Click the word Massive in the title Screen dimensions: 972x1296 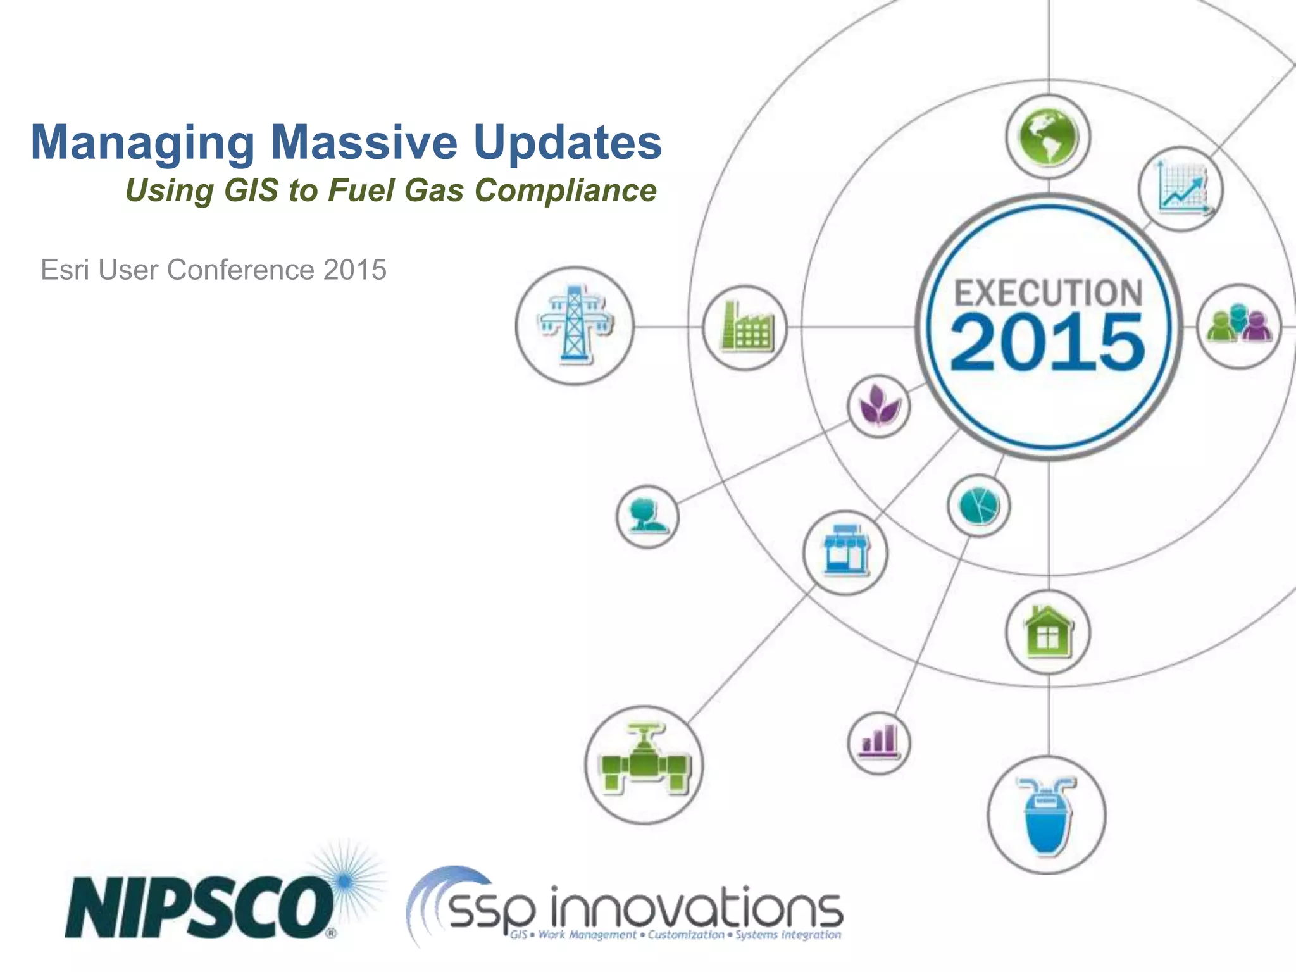(364, 142)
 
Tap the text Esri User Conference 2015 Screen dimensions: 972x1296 (213, 270)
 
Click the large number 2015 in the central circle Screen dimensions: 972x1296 (1048, 342)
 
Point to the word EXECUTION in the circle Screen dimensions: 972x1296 (1048, 293)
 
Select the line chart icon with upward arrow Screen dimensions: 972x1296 (1181, 189)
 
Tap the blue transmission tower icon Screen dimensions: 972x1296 (575, 325)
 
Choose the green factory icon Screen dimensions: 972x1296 (745, 327)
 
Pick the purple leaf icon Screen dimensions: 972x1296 (878, 406)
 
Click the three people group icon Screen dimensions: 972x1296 (1238, 325)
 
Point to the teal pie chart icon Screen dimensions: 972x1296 (978, 506)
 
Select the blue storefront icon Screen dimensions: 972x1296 (845, 552)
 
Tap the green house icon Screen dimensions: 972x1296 (1048, 632)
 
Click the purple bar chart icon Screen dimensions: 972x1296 (878, 742)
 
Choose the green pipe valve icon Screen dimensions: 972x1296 (644, 764)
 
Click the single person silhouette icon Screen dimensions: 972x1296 (647, 516)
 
